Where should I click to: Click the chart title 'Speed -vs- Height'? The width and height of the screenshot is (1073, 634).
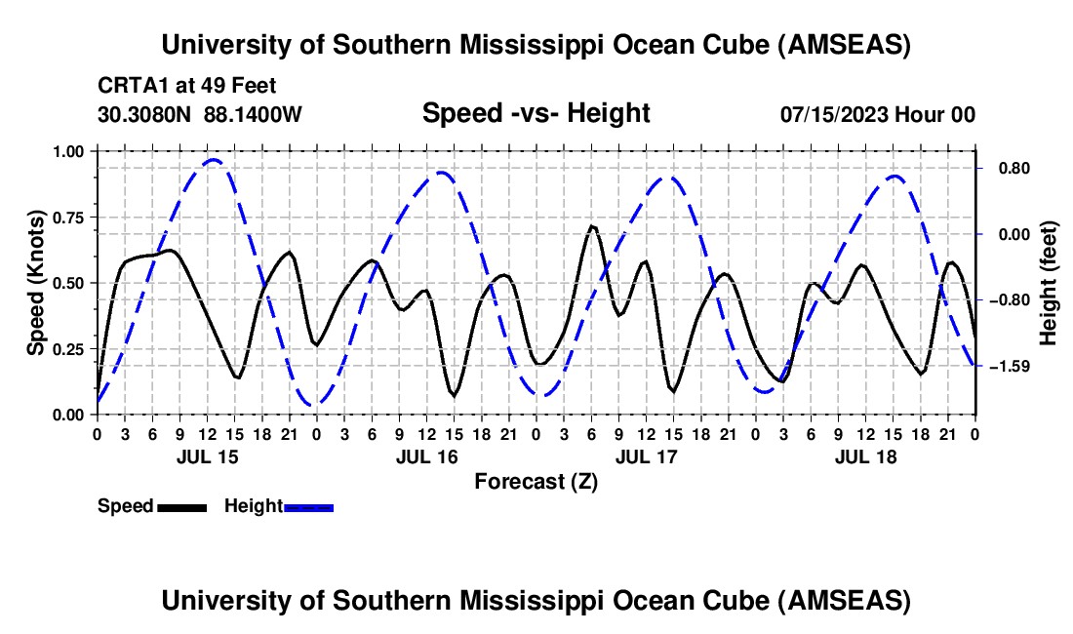[536, 113]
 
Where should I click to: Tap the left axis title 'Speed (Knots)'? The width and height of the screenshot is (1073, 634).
[36, 283]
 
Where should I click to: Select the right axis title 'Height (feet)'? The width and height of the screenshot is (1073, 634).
[1049, 282]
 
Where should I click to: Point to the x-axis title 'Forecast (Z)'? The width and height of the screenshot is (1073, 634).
[536, 481]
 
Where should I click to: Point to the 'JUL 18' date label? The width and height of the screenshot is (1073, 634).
[865, 456]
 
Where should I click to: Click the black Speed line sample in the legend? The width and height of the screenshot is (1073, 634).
[180, 506]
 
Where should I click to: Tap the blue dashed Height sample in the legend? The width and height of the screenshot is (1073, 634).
[308, 506]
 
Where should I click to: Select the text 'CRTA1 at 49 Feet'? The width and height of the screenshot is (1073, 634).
[186, 86]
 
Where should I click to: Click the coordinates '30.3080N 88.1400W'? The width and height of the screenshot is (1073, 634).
[200, 114]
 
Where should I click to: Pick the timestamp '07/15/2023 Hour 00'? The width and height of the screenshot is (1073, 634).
[878, 114]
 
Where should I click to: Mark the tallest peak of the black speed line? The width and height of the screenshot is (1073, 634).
[591, 226]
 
